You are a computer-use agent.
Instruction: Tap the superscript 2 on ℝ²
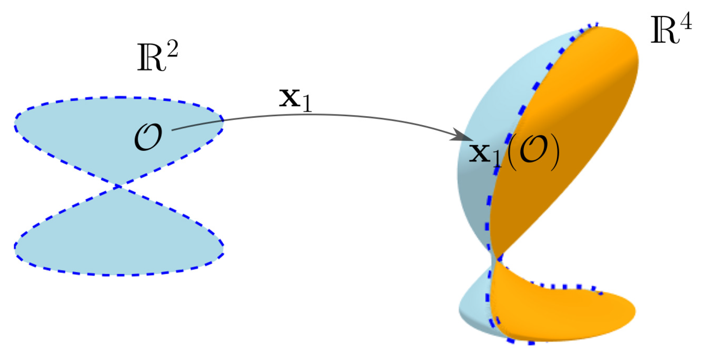[171, 49]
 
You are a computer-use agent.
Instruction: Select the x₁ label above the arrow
[295, 100]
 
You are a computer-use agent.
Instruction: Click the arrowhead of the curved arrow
[465, 136]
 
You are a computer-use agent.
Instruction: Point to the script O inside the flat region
[148, 137]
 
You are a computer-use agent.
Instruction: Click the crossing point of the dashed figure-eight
[119, 187]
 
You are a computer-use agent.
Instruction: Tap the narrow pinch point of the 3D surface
[496, 259]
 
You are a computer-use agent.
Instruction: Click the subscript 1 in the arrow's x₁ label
[307, 104]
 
